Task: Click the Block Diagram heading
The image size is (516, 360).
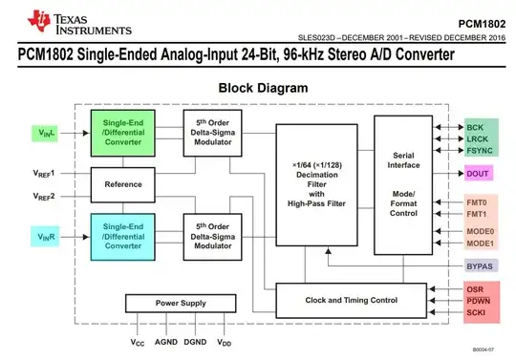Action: [263, 88]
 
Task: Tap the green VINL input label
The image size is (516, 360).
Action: [43, 135]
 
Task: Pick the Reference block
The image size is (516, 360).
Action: [123, 182]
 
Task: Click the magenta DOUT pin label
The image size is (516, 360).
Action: [477, 174]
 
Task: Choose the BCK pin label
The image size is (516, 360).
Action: [475, 126]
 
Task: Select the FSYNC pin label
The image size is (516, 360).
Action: [478, 151]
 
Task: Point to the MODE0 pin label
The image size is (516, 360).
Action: [480, 231]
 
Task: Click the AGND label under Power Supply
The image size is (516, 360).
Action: [168, 341]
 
